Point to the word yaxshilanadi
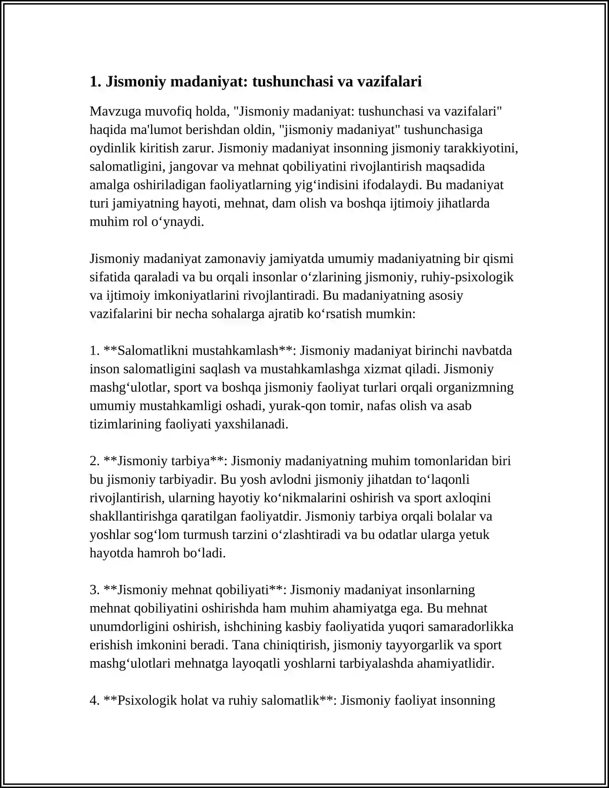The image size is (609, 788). pos(251,424)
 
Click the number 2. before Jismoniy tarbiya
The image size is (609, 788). pos(95,461)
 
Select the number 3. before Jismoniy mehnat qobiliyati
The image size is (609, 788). pos(95,590)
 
